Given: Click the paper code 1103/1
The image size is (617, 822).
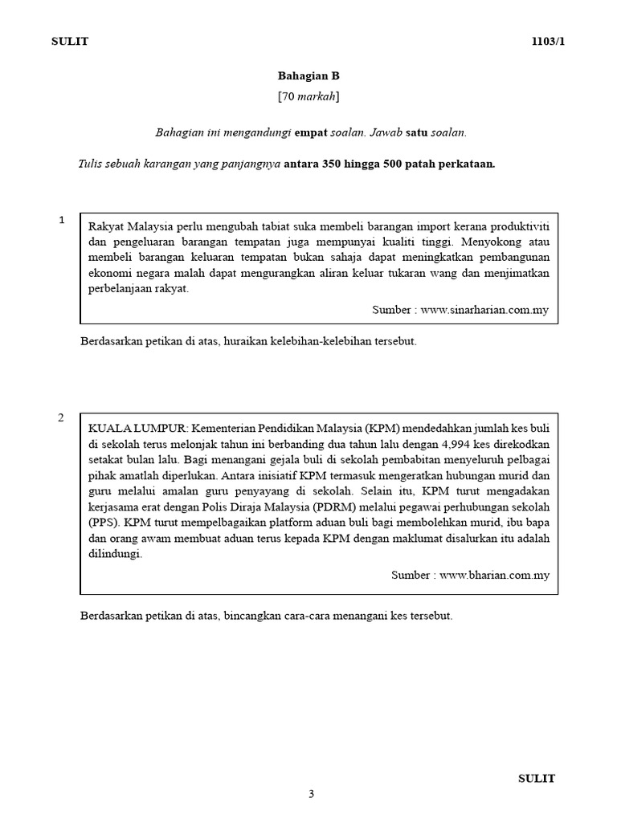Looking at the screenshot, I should pos(550,41).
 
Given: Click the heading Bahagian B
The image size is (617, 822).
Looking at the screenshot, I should pos(308,76).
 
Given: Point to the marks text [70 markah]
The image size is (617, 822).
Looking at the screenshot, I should pos(308,97).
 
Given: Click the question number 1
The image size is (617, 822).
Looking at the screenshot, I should pos(61,220).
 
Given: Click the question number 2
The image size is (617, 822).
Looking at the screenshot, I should pos(60,417).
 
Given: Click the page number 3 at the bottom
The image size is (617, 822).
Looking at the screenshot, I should pos(312,795).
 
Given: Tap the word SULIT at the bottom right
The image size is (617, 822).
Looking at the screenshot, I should pos(536,778).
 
